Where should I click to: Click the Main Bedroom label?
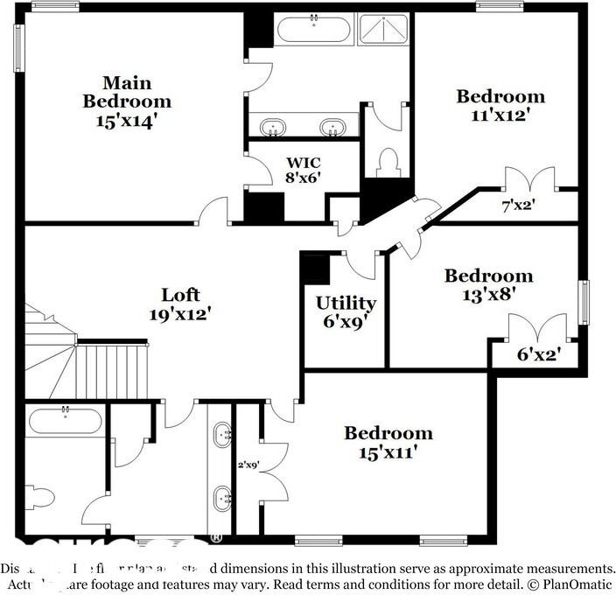pos(127,92)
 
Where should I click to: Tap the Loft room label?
pos(180,294)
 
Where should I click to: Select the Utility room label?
pos(346,303)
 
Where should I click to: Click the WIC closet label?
pos(304,162)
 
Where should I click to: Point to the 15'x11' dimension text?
pos(388,452)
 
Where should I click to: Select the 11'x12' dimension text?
pos(500,115)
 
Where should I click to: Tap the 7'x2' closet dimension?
pos(516,206)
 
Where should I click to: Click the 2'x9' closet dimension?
pos(249,466)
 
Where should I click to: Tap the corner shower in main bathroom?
pos(382,31)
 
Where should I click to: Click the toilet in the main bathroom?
pos(388,163)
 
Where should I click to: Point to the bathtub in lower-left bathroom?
pos(66,420)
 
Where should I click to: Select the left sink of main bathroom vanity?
pos(275,128)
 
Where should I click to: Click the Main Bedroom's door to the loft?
pos(213,213)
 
